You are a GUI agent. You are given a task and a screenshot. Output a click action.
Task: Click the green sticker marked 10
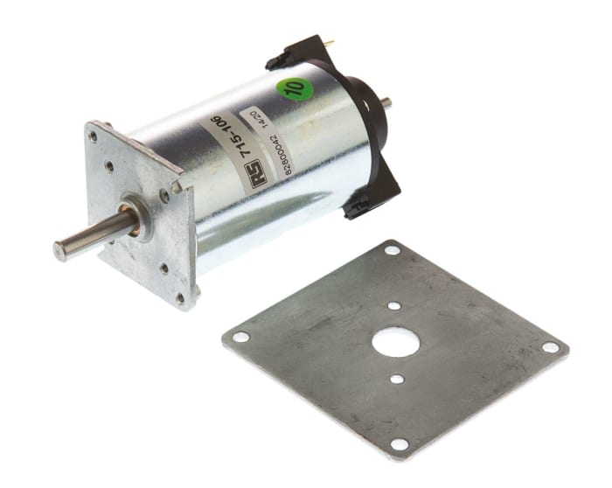[x=296, y=88]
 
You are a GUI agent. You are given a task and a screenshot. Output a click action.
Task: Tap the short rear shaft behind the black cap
[x=386, y=102]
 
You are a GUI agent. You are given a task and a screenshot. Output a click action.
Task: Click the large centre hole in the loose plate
[x=394, y=340]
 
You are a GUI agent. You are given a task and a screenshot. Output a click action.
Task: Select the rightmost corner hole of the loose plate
[x=551, y=347]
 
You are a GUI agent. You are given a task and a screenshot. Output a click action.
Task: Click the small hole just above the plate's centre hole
[x=394, y=306]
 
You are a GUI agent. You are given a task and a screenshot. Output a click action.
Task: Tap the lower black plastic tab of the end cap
[x=357, y=207]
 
